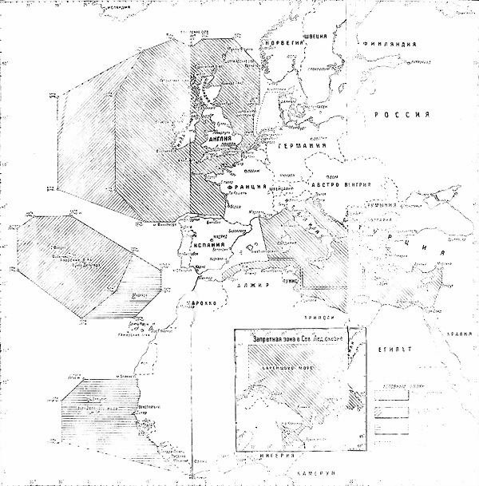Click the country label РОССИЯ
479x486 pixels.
pyautogui.click(x=403, y=115)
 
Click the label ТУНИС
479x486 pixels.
pyautogui.click(x=289, y=281)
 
